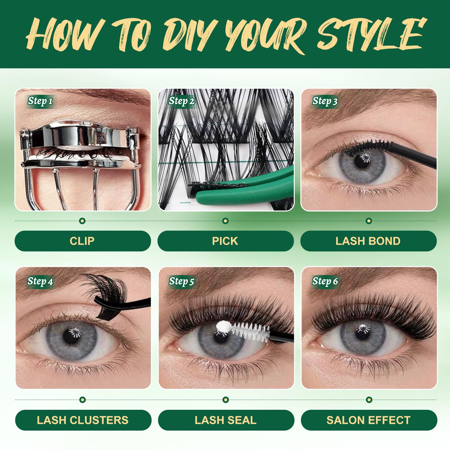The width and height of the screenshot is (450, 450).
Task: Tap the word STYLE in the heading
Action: click(x=370, y=34)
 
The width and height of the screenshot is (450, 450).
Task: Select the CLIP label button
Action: click(x=83, y=241)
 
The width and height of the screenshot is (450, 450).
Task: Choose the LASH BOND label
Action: click(x=368, y=241)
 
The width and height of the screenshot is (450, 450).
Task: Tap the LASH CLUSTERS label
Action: click(x=83, y=420)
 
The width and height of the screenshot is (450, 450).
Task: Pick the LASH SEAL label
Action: click(x=226, y=420)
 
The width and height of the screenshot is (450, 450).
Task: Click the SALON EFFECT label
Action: click(x=369, y=420)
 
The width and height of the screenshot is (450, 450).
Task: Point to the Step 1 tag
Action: click(x=40, y=101)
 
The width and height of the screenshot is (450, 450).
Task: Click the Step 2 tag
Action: click(x=182, y=101)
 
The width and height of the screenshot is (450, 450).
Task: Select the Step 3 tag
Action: click(x=325, y=101)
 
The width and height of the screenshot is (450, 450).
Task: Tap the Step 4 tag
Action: click(x=40, y=281)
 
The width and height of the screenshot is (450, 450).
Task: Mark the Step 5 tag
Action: click(x=182, y=281)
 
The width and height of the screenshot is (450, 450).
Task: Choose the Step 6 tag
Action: click(x=325, y=281)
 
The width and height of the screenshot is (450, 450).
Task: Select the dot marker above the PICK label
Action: click(x=225, y=221)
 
